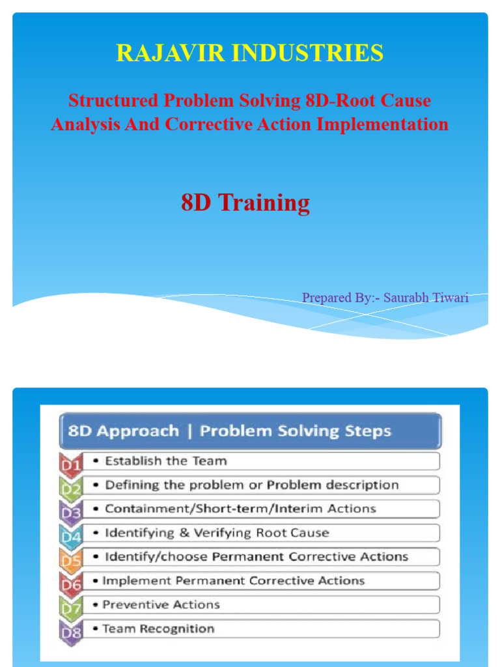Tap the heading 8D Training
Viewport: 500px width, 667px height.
click(245, 203)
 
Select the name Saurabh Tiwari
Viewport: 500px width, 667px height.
click(426, 298)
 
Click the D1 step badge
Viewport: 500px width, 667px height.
click(70, 463)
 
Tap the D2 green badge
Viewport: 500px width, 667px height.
click(70, 487)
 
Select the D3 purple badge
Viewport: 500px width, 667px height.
click(70, 511)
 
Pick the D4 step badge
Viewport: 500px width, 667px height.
click(70, 535)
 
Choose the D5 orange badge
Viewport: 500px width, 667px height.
click(70, 559)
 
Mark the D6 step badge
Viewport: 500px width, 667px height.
click(70, 583)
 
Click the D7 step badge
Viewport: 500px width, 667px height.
click(70, 607)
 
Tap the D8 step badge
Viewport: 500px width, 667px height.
click(70, 631)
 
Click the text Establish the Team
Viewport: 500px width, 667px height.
click(166, 461)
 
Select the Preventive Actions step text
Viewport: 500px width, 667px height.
click(161, 604)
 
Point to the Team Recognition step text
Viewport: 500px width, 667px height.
click(158, 629)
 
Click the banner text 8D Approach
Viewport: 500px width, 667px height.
click(124, 431)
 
